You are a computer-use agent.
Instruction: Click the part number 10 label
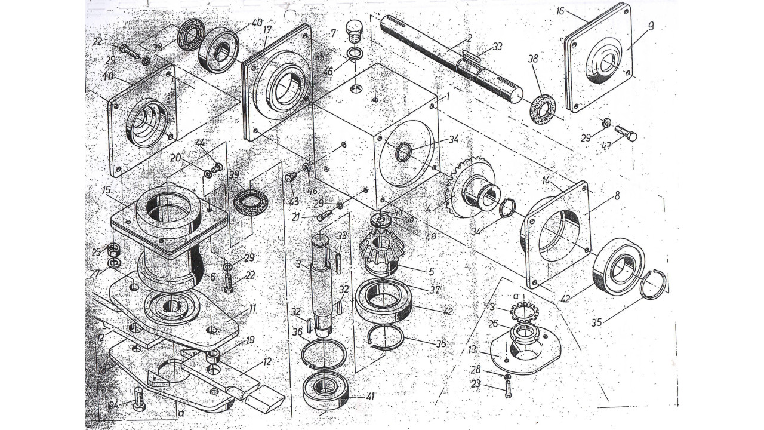click(x=108, y=77)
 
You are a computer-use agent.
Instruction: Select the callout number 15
click(x=107, y=191)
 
